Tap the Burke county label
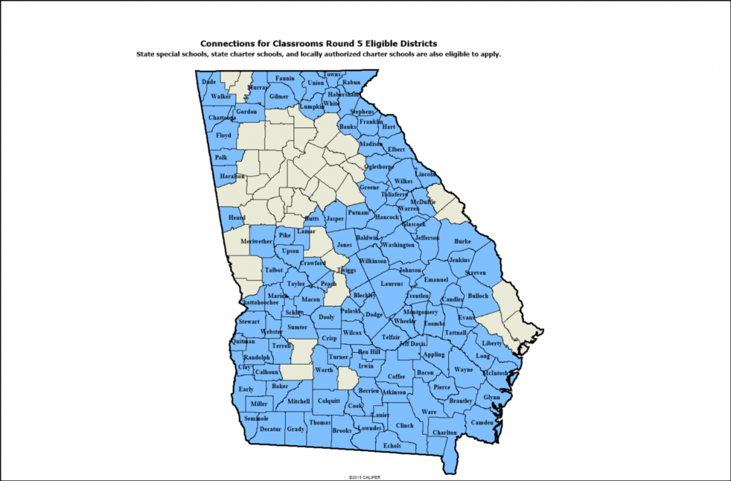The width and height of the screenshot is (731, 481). coord(463,241)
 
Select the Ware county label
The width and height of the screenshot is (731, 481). coord(429,412)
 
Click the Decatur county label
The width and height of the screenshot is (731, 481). coord(270,429)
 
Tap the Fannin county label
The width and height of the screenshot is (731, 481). coord(285,78)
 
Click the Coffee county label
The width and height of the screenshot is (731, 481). coord(396,376)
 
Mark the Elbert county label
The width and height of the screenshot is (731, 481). coord(396,149)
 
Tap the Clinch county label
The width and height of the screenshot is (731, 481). coord(405,425)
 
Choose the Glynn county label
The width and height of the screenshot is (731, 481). coord(491,398)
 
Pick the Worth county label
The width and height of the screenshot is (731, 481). coord(323,370)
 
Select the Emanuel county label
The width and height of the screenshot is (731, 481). coord(436,280)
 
